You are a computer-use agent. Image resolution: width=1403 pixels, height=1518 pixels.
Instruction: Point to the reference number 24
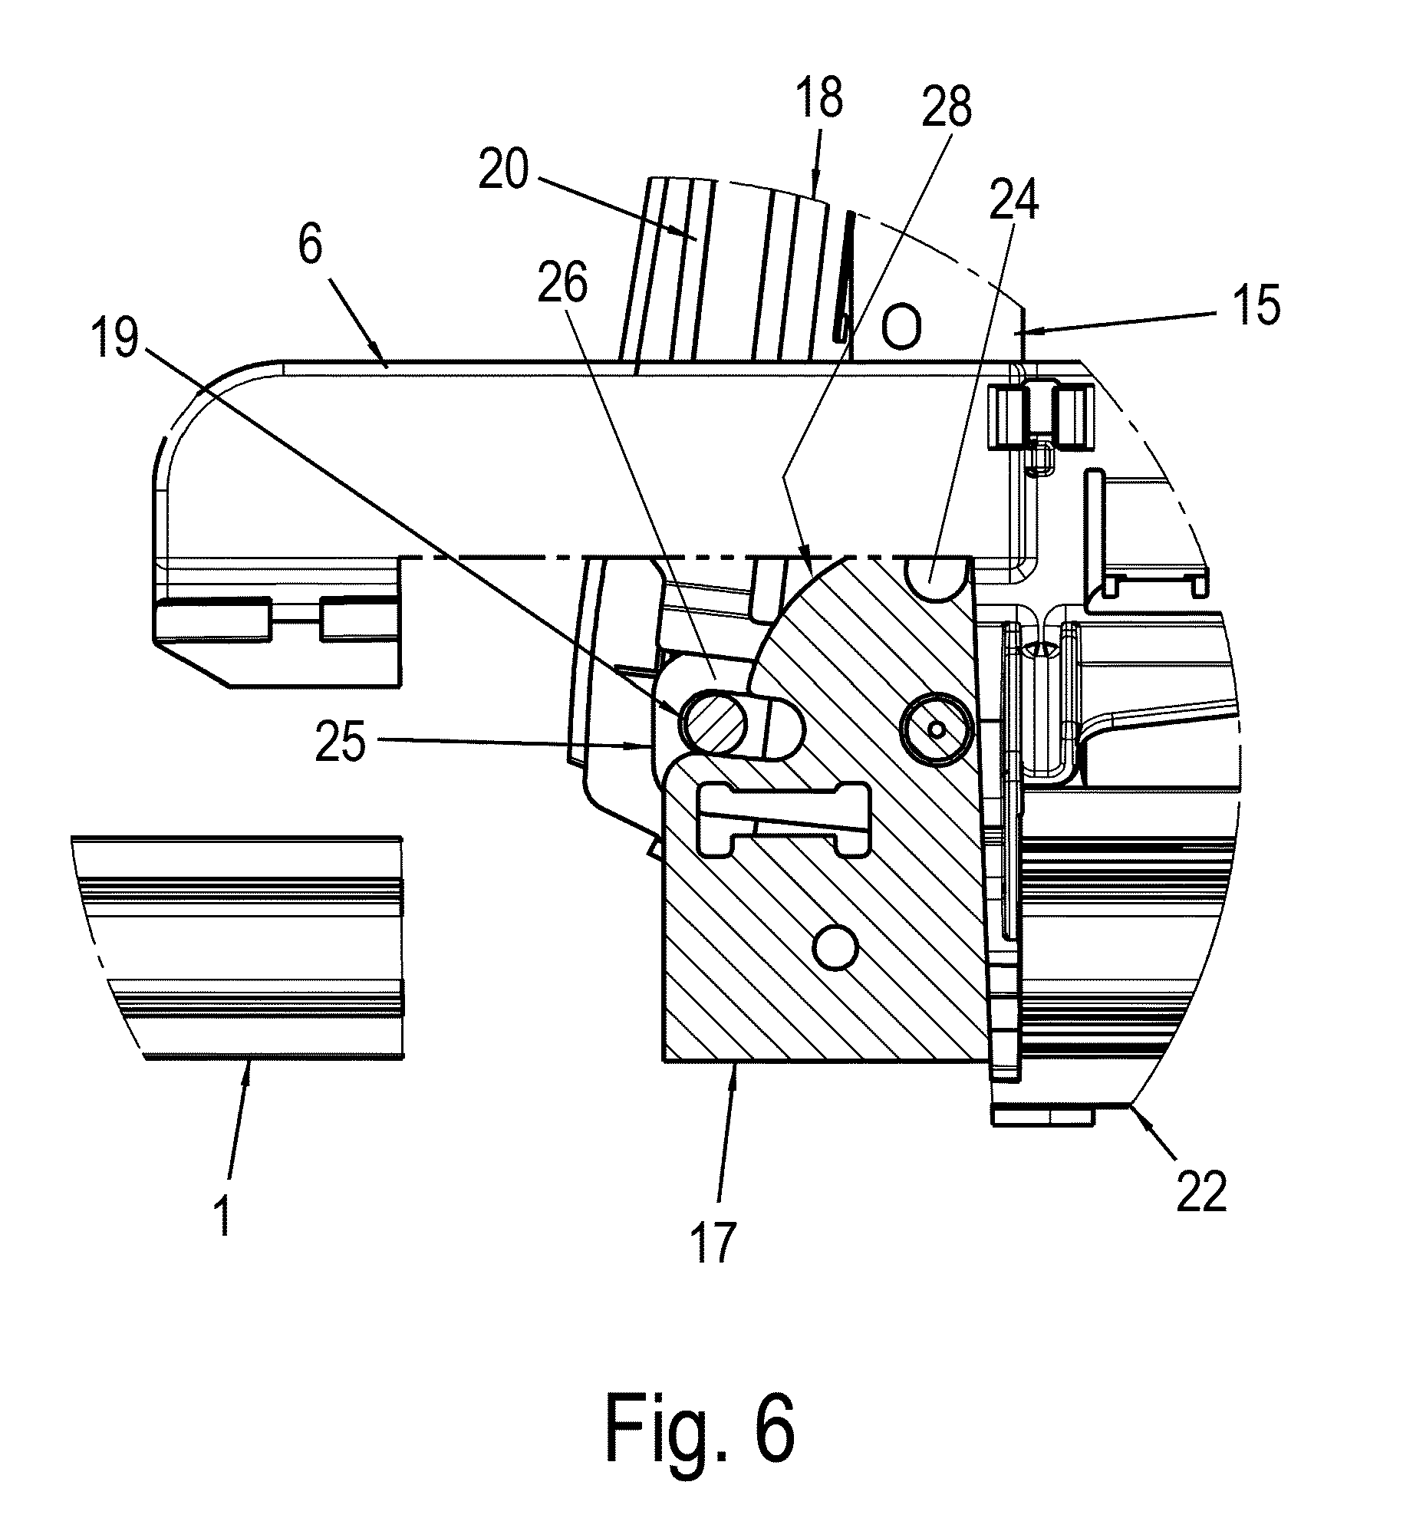click(1014, 201)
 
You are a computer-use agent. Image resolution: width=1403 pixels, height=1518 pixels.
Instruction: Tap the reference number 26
click(562, 285)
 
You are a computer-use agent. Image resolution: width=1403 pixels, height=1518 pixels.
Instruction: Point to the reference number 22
click(1202, 1192)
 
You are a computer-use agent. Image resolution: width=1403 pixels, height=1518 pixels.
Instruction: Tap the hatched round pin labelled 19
click(713, 721)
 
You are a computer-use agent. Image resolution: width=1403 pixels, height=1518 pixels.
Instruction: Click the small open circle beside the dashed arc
click(901, 328)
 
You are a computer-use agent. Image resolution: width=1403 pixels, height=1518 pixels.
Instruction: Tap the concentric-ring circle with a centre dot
click(936, 729)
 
